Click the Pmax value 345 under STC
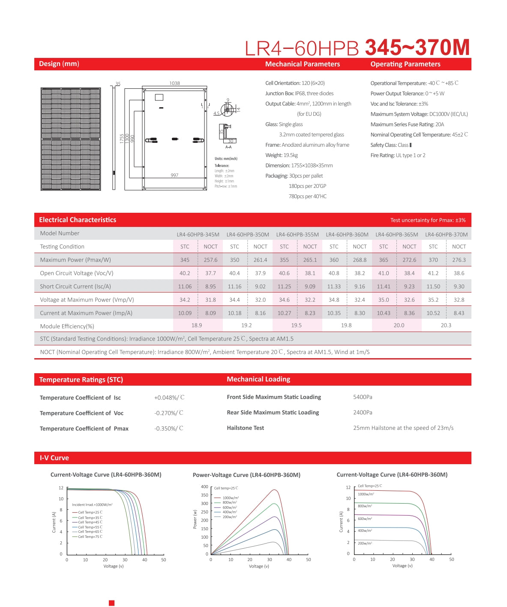[185, 260]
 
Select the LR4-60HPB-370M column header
[446, 235]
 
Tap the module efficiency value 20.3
[446, 326]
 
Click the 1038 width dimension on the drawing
[174, 83]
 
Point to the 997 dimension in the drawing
[174, 175]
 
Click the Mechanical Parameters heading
[302, 64]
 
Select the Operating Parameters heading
[405, 64]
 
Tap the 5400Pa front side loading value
[363, 397]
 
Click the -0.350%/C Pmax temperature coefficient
[169, 429]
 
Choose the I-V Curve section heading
[54, 458]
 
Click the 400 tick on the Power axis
[204, 487]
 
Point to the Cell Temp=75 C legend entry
[90, 537]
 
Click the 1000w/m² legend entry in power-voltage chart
[230, 498]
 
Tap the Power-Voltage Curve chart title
[246, 475]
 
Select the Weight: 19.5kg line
[282, 155]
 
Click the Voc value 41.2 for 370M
[433, 273]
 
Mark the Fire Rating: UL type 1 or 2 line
[398, 155]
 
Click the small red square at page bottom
[112, 603]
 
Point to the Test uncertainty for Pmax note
[428, 220]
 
